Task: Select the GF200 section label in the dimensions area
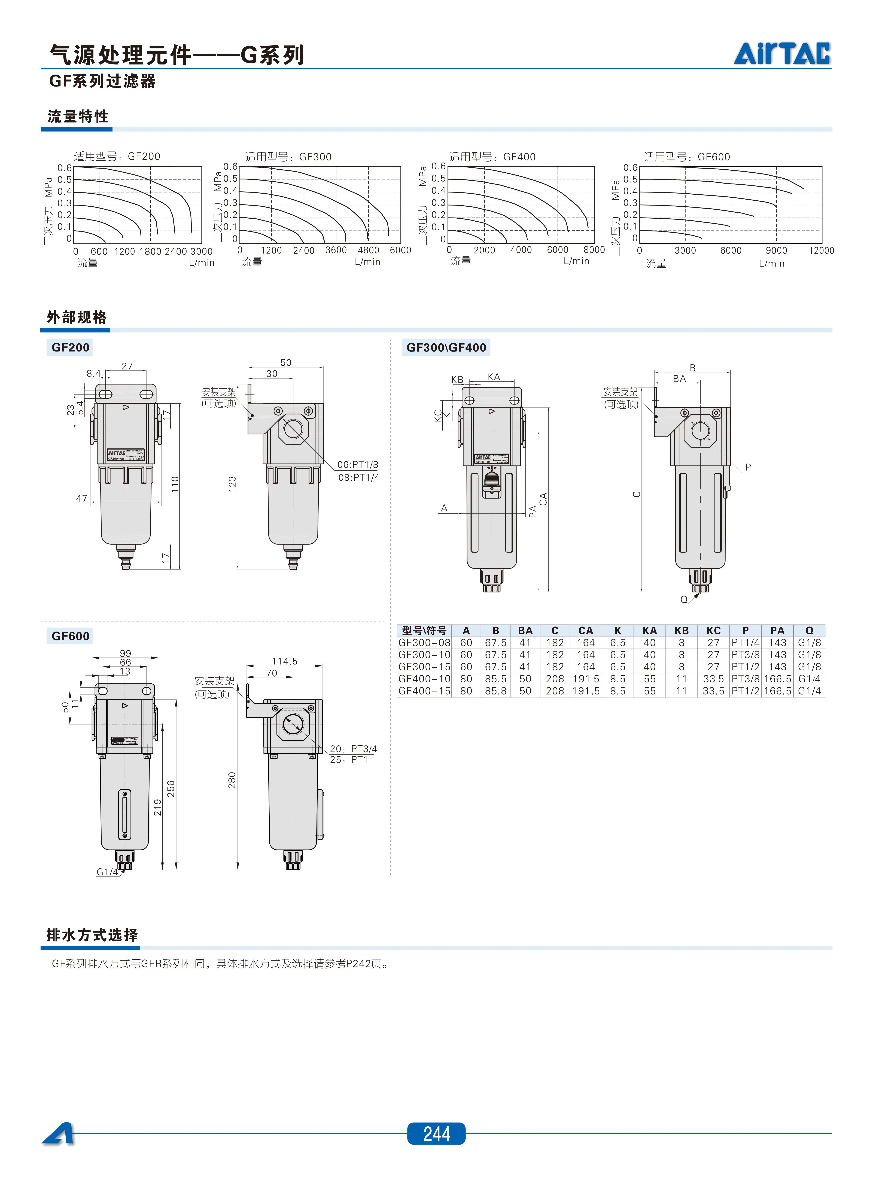70,348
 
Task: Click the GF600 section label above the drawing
70,636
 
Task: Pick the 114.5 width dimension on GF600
284,661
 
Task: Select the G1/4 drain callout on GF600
107,872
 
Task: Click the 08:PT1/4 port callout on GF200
359,478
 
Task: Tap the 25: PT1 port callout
349,760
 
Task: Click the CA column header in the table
586,630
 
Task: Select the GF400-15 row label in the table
424,691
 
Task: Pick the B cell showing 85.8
496,691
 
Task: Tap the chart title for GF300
288,157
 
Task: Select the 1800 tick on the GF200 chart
150,252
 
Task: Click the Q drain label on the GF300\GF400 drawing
684,599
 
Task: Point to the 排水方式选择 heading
92,935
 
